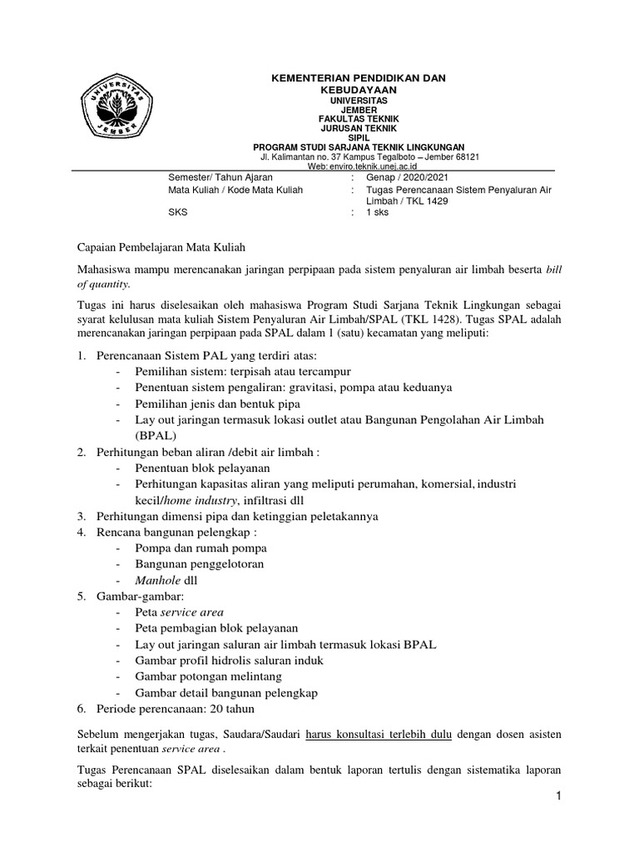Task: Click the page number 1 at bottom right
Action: point(560,798)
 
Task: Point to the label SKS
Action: point(179,212)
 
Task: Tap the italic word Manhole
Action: point(156,581)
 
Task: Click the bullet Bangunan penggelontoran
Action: point(199,564)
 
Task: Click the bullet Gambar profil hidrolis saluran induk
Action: point(229,661)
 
